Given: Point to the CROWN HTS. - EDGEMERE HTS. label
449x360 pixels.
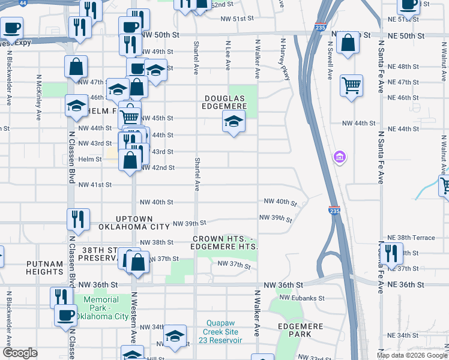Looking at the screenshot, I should tap(225, 243).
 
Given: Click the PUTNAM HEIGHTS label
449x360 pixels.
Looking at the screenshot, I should tap(44, 268).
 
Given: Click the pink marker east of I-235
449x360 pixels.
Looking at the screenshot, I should tap(340, 157).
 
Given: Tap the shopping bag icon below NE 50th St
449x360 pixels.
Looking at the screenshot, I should tap(348, 43).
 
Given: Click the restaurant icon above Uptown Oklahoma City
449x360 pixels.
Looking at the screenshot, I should tap(79, 218).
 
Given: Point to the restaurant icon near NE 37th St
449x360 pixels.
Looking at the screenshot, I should tap(391, 253).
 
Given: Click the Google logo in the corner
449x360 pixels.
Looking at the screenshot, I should tap(19, 353).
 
